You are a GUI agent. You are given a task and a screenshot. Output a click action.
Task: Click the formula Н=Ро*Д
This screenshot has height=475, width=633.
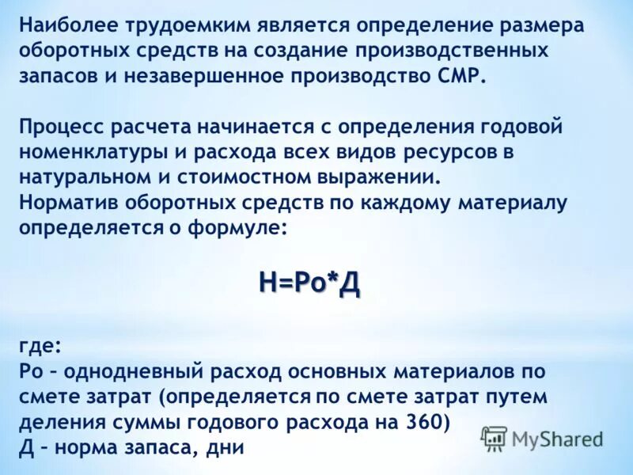pyautogui.click(x=309, y=283)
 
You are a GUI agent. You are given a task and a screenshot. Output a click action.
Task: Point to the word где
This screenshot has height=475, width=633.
pyautogui.click(x=38, y=346)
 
